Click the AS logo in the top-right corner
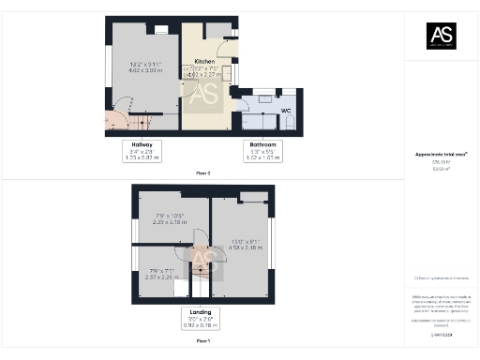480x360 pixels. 441,37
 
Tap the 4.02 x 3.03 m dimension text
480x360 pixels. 145,69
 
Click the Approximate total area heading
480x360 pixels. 441,154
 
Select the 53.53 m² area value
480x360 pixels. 441,169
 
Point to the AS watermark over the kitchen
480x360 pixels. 205,94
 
